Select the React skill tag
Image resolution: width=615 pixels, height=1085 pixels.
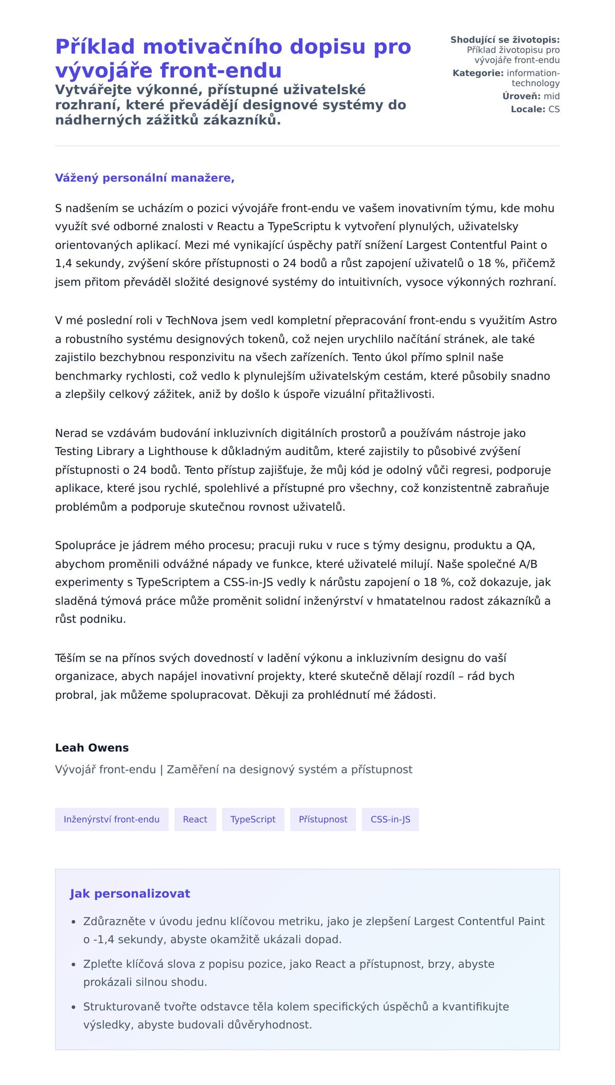tap(195, 819)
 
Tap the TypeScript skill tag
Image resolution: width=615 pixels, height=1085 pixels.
tap(253, 819)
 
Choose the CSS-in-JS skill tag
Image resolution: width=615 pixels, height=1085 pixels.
tap(391, 819)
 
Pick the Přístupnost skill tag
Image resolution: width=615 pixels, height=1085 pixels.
tap(323, 819)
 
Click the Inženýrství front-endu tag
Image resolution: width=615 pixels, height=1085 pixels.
tap(112, 819)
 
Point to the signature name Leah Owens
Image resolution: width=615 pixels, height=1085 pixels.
tap(92, 747)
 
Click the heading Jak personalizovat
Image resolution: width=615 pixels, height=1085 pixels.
tap(130, 893)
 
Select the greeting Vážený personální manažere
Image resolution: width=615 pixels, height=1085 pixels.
tap(145, 178)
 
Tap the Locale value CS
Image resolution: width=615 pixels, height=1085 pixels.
tap(554, 109)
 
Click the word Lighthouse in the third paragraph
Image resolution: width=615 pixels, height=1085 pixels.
tap(177, 451)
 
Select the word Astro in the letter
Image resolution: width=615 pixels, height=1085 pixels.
tap(543, 321)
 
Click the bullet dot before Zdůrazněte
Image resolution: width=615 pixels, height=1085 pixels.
tap(73, 922)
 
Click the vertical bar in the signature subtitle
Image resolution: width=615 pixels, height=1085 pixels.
tap(161, 769)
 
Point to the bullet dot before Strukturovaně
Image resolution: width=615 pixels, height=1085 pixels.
tap(73, 1007)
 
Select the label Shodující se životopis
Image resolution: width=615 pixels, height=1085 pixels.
tap(505, 40)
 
